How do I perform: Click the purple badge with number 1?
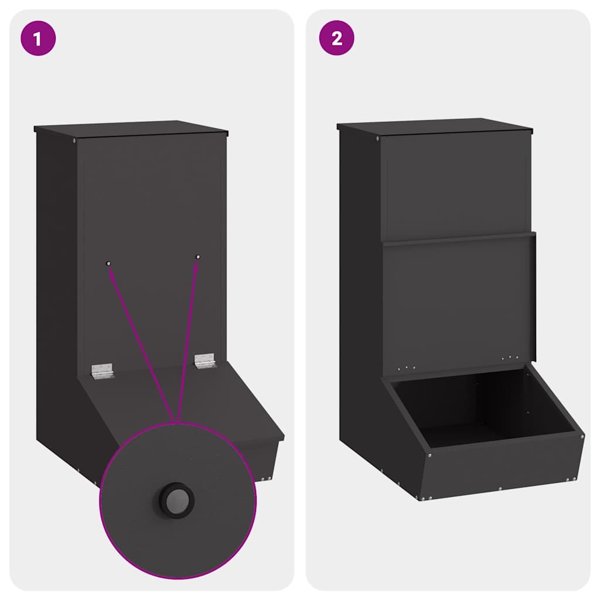coord(38,38)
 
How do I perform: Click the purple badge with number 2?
coord(337,38)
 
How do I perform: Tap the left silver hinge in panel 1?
coord(102,371)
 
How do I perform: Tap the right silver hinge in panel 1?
coord(205,360)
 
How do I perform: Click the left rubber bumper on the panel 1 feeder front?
coord(108,263)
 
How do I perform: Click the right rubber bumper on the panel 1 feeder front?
coord(198,257)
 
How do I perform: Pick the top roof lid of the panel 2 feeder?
coord(435,126)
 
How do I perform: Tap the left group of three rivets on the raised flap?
coord(407,368)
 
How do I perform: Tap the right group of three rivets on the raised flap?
coord(510,358)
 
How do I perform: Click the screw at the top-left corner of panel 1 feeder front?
coord(74,141)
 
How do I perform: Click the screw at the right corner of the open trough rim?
coord(582,437)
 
